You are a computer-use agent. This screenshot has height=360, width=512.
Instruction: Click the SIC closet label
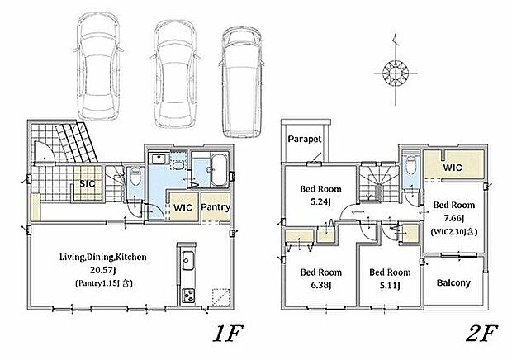pos(88,183)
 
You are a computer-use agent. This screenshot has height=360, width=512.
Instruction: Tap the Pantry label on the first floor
pos(216,207)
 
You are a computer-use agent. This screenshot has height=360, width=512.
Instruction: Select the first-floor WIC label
pos(183,207)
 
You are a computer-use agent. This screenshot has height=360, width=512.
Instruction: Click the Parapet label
pos(305,140)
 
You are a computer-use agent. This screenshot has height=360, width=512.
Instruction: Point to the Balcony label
pos(453,282)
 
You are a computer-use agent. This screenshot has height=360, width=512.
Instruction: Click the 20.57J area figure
pos(103,270)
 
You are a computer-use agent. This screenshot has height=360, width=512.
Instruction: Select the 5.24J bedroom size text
pos(320,202)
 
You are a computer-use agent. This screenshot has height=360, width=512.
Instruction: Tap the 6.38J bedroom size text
pos(321,285)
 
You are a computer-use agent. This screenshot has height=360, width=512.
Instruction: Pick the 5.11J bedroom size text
pos(390,286)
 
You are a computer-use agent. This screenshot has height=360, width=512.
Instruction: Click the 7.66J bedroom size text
pos(454,218)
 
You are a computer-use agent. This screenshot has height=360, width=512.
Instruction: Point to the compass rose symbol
pos(396,73)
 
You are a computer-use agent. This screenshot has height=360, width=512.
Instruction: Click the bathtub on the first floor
pos(219,170)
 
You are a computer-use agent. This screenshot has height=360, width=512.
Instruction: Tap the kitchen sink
pos(187,260)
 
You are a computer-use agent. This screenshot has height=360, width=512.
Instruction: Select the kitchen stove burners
pos(188,296)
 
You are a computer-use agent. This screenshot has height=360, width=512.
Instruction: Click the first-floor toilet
pos(135,176)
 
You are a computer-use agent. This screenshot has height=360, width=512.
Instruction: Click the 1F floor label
pos(228,334)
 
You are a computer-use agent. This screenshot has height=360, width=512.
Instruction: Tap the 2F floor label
pos(481,334)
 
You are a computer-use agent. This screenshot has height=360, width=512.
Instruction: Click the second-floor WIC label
pos(453,168)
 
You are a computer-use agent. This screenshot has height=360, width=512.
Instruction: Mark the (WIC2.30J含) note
pos(454,232)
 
